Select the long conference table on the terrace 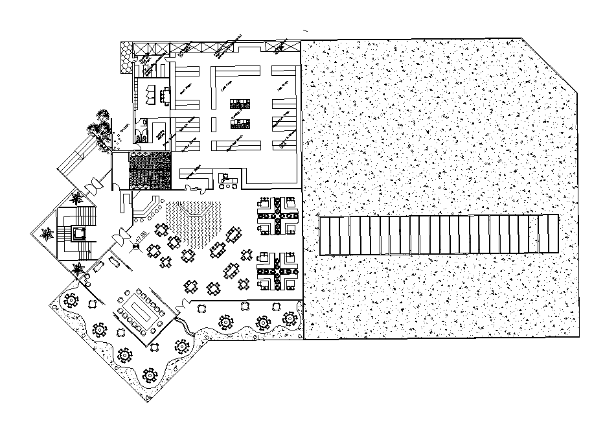tap(141, 314)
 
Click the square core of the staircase tap(79, 233)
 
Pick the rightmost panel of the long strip tap(551, 234)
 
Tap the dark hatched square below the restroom tap(150, 170)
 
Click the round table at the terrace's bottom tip tap(150, 375)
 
